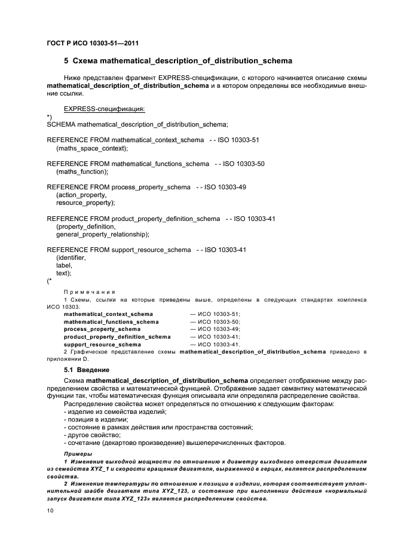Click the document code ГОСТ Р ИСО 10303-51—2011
(x=93, y=43)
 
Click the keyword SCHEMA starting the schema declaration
(x=61, y=124)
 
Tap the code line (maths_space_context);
(x=92, y=148)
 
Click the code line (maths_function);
(x=82, y=171)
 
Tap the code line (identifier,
(x=71, y=257)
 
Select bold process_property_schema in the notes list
(x=102, y=329)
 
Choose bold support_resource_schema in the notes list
(x=102, y=345)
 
